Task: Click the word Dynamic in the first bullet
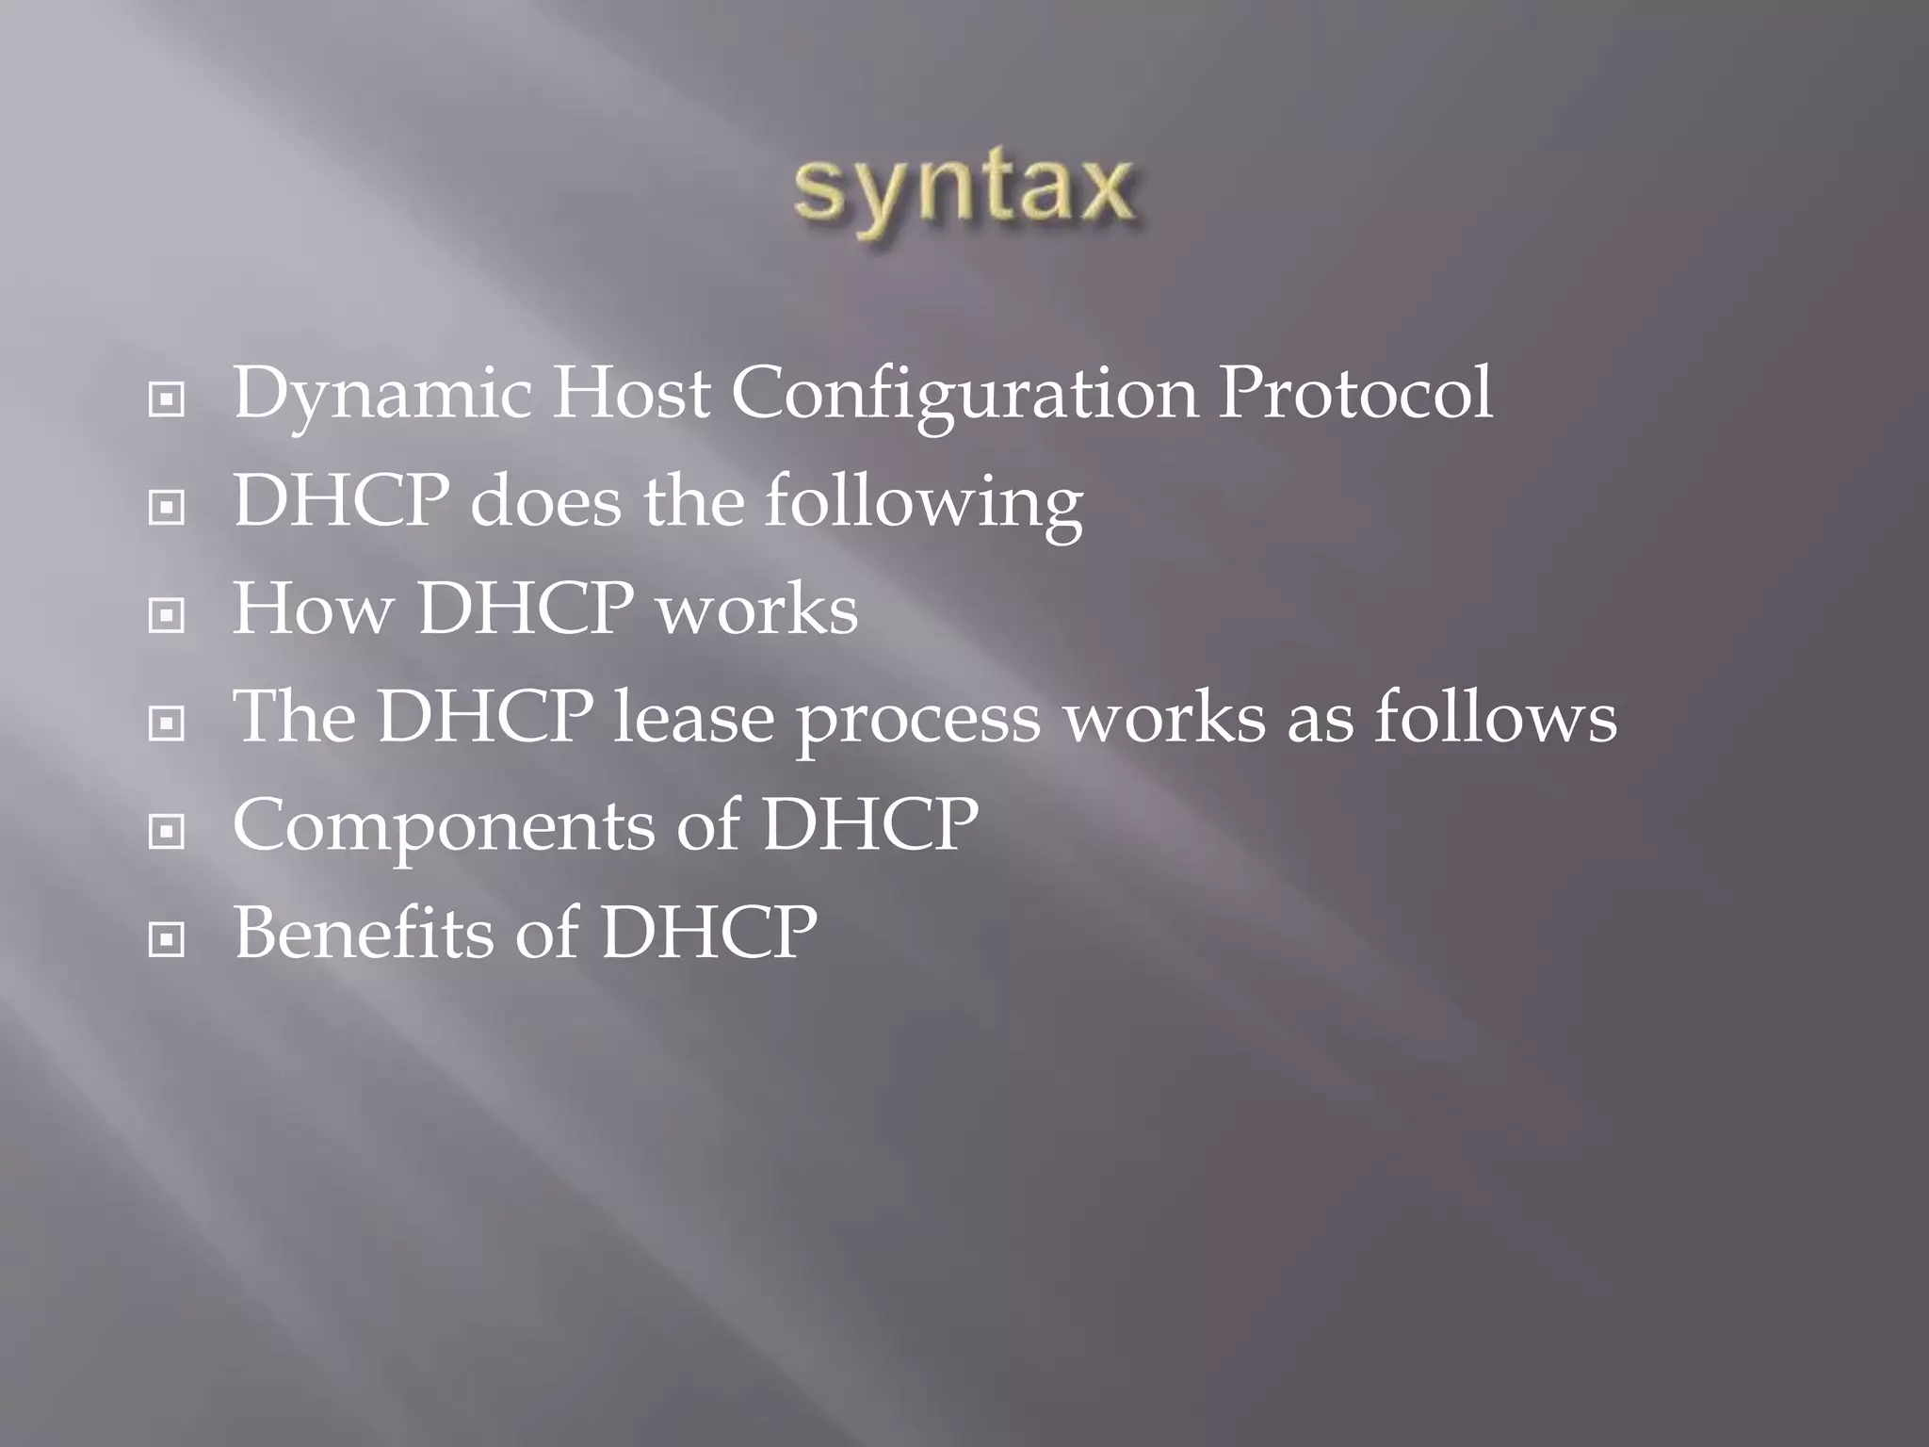pos(381,394)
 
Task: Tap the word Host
pos(630,394)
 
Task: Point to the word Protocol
pos(1354,394)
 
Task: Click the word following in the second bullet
pos(923,502)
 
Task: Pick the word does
pos(545,502)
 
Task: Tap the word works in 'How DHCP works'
pos(757,610)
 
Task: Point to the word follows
pos(1495,718)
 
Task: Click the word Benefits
pos(364,934)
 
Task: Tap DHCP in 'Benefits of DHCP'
pos(708,934)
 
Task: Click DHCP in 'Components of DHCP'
pos(869,825)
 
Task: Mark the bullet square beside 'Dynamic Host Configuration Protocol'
pos(167,401)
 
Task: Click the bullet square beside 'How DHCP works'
pos(167,617)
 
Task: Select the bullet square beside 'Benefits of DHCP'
pos(167,940)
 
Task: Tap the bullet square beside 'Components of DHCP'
pos(167,833)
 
